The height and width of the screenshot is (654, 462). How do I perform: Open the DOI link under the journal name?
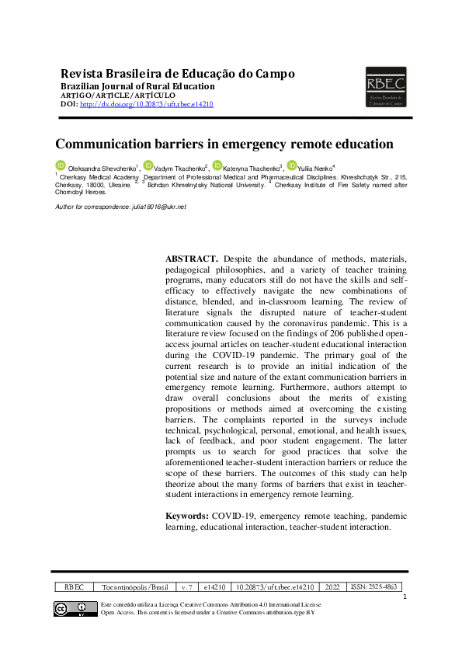pos(146,104)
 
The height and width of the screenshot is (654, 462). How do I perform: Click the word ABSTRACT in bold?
pos(192,257)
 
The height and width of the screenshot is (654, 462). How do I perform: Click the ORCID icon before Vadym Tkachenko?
pos(148,165)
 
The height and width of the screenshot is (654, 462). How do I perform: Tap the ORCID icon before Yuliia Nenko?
pos(291,165)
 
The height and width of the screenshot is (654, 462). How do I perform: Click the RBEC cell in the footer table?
pos(74,587)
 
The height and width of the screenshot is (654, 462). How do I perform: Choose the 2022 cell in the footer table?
pos(332,587)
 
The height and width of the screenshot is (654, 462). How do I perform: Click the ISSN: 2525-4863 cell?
pos(375,587)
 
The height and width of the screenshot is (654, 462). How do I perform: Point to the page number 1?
pos(405,597)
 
